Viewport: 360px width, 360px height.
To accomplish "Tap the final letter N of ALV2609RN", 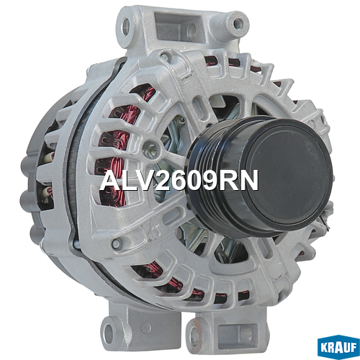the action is [x=249, y=180].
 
